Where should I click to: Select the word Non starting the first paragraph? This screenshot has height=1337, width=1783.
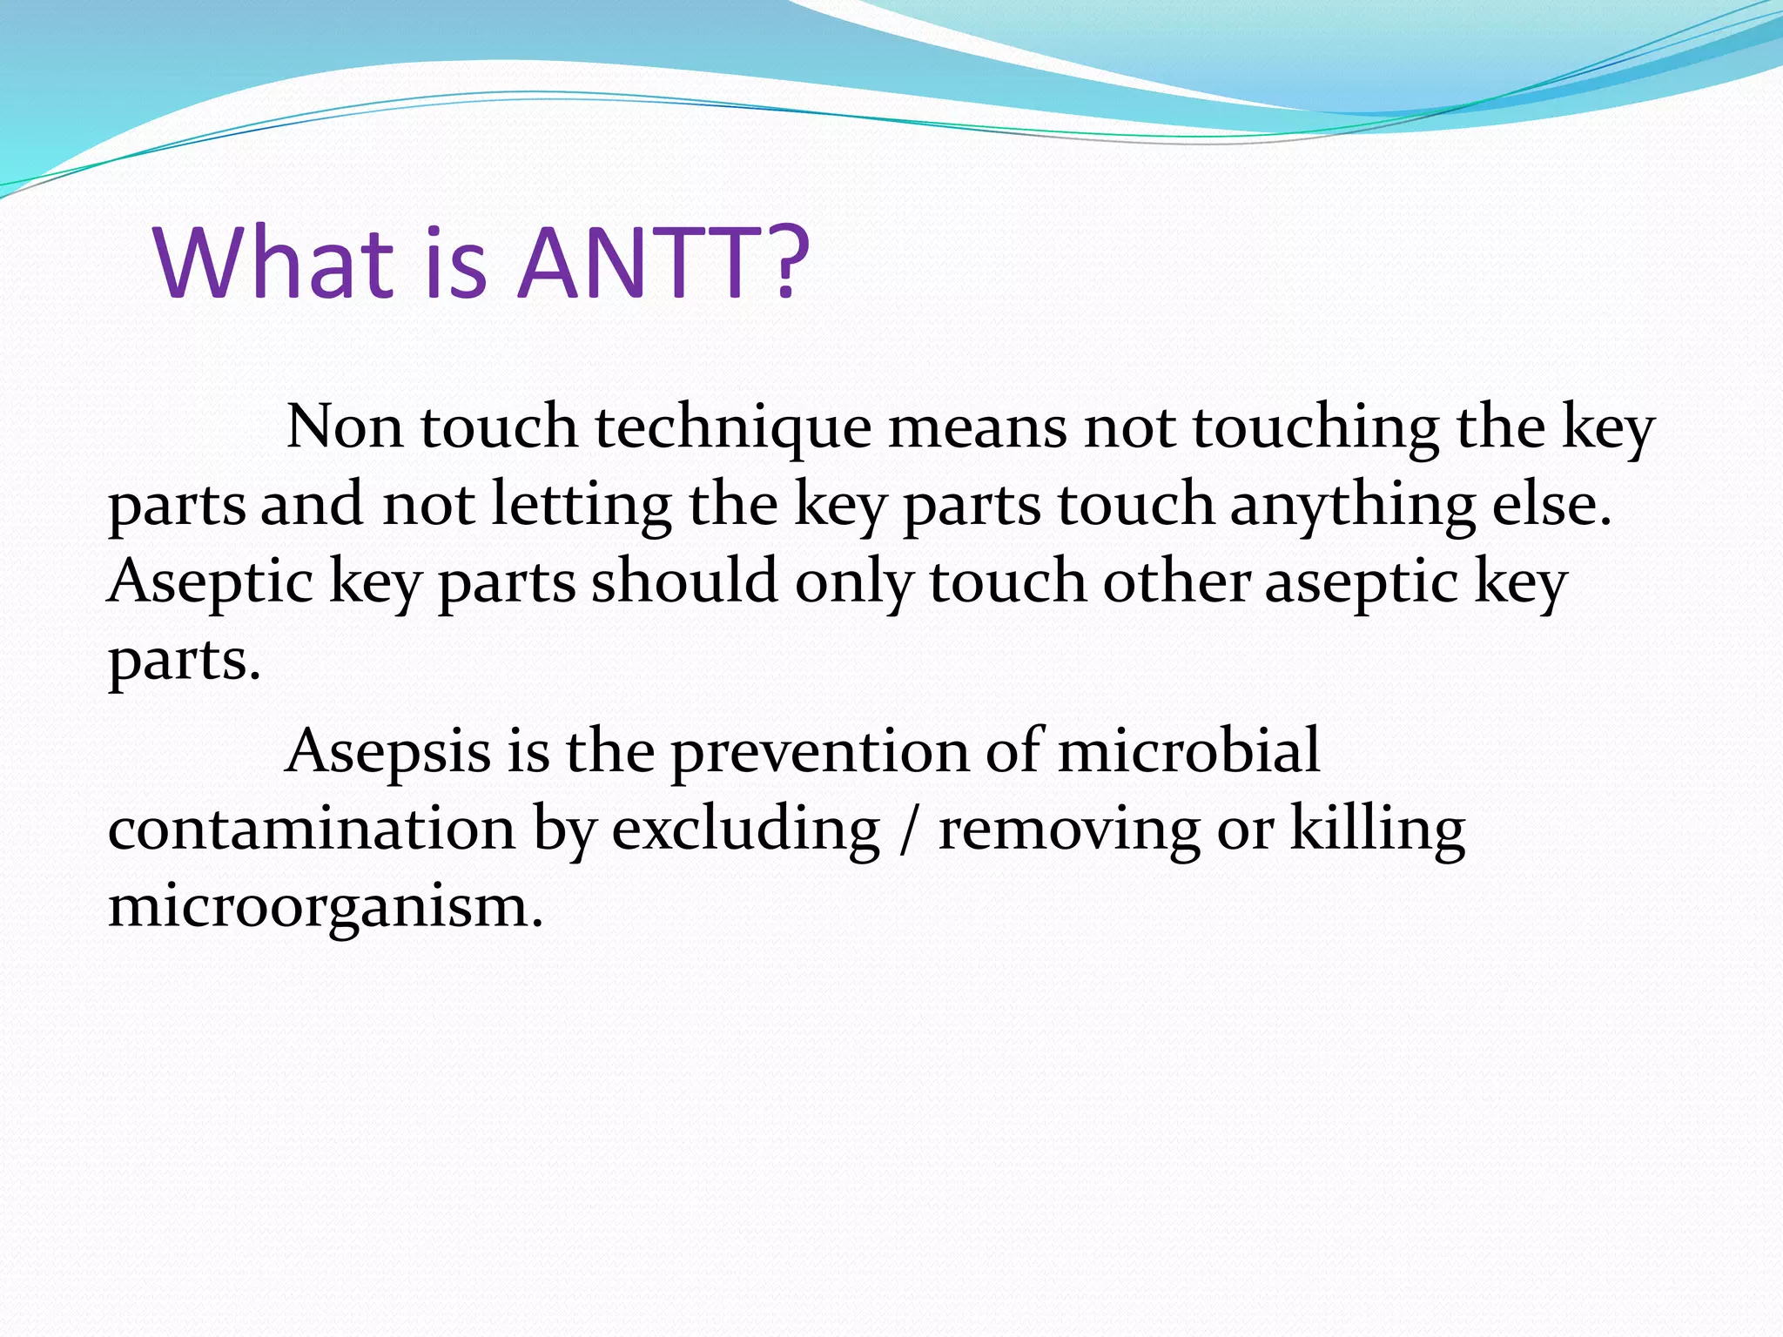[345, 428]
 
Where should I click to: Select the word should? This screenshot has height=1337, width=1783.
[684, 581]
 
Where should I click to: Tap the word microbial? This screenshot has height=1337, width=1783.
[1188, 750]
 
